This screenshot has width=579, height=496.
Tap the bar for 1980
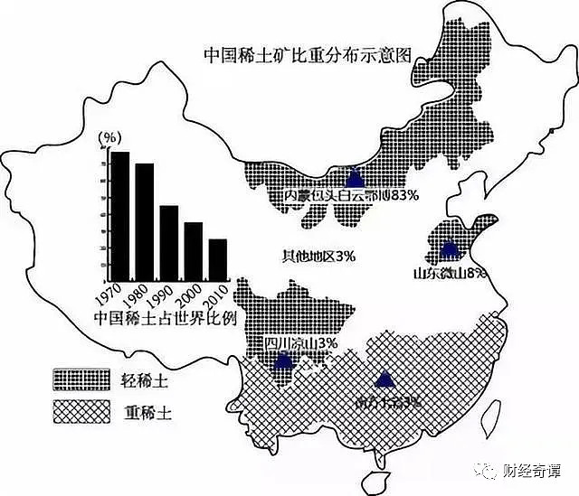click(145, 221)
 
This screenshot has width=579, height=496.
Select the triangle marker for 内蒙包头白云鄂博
click(355, 177)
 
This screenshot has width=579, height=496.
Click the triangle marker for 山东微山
click(450, 248)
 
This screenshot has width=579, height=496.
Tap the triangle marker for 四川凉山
click(284, 360)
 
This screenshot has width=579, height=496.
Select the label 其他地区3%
click(318, 257)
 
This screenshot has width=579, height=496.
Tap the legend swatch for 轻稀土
click(81, 379)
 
